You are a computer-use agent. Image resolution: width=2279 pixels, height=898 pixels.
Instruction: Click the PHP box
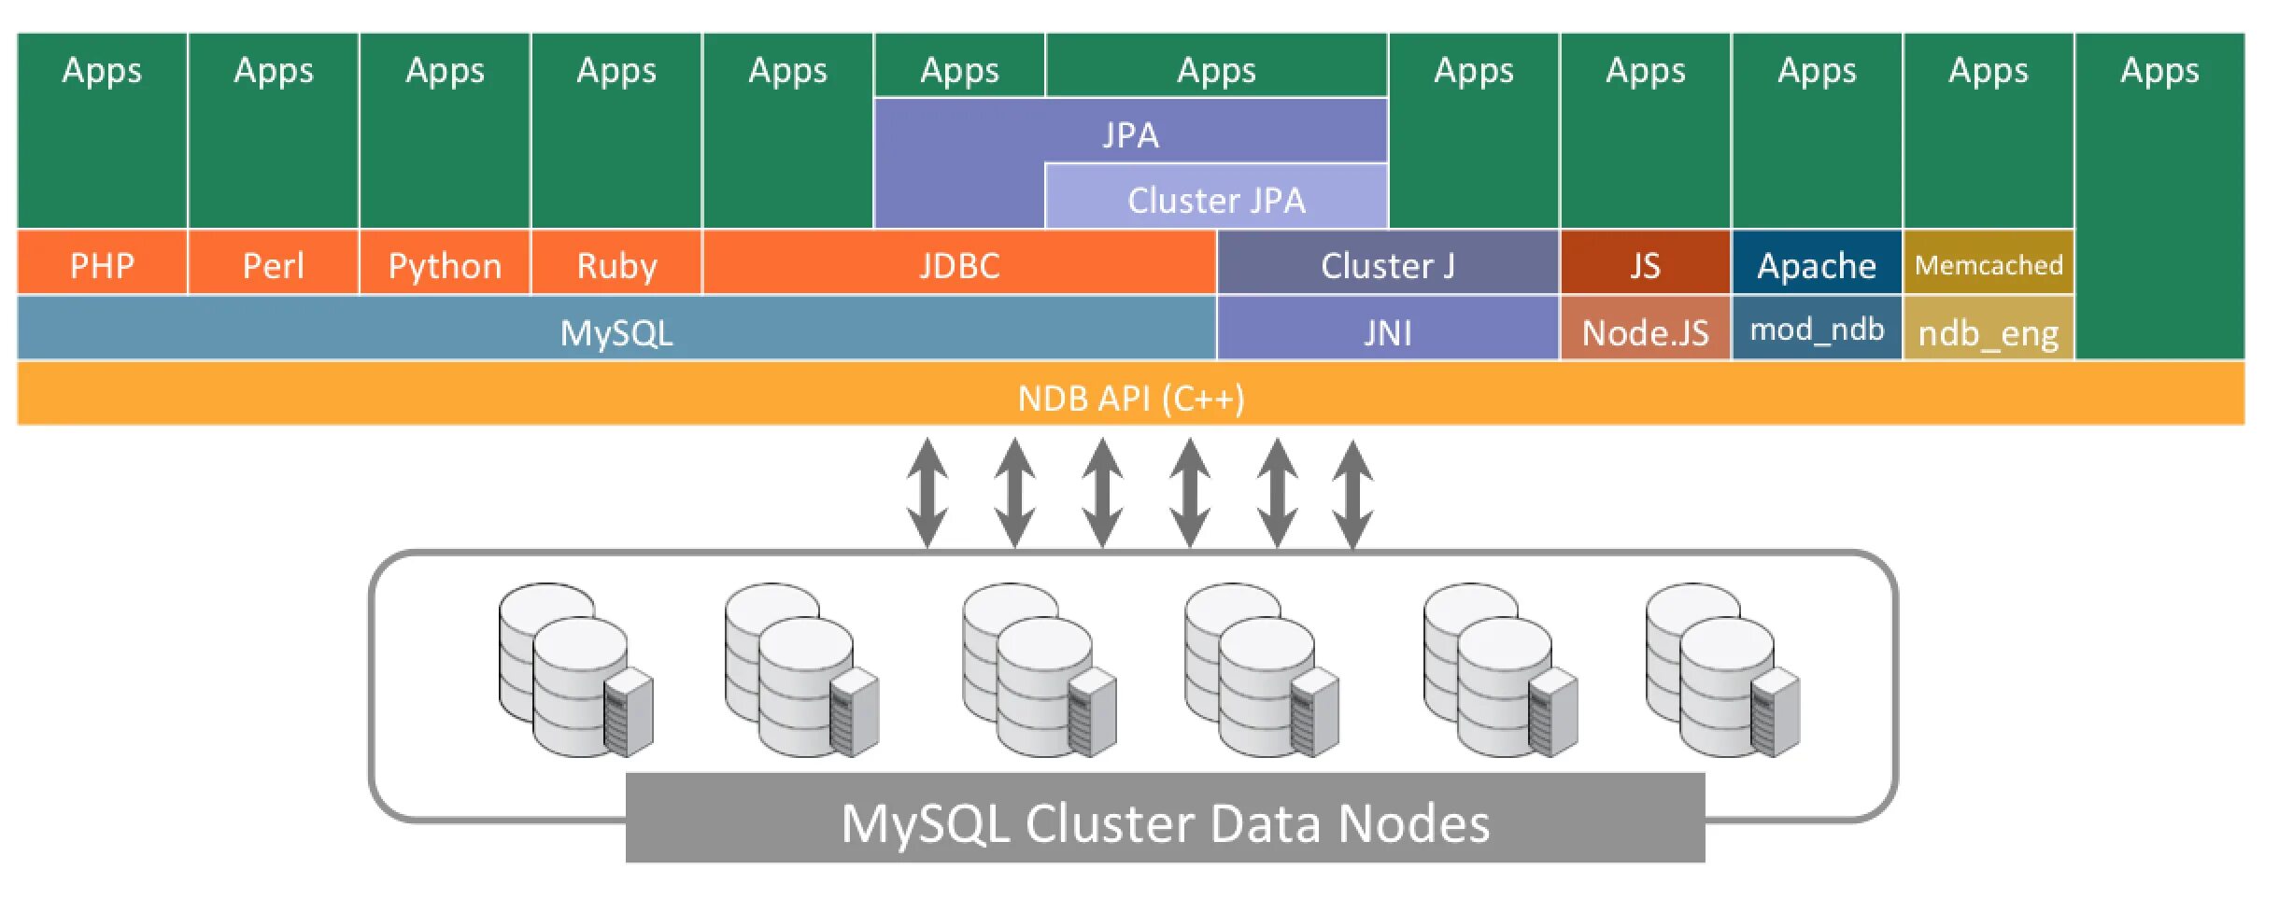pyautogui.click(x=102, y=266)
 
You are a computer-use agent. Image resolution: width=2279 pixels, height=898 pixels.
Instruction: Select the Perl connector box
pyautogui.click(x=273, y=266)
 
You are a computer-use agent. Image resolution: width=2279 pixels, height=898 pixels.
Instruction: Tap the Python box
pyautogui.click(x=445, y=266)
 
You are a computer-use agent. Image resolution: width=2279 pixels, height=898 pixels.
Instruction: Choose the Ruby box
pyautogui.click(x=616, y=266)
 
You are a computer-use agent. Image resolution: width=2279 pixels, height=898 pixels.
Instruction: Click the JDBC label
pyautogui.click(x=959, y=266)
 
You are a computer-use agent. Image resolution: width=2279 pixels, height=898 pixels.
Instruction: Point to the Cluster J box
pyautogui.click(x=1387, y=266)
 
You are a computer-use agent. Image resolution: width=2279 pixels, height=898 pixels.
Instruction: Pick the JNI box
pyautogui.click(x=1387, y=332)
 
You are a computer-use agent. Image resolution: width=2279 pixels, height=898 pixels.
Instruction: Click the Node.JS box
pyautogui.click(x=1645, y=332)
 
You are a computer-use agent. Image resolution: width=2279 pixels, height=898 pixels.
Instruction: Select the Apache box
pyautogui.click(x=1817, y=266)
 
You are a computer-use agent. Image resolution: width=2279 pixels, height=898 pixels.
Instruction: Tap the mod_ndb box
pyautogui.click(x=1817, y=330)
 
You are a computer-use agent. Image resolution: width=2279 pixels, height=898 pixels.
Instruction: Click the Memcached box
pyautogui.click(x=1989, y=266)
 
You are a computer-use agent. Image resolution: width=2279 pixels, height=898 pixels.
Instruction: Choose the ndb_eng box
pyautogui.click(x=1989, y=332)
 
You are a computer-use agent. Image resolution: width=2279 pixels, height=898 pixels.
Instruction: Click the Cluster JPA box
pyautogui.click(x=1216, y=200)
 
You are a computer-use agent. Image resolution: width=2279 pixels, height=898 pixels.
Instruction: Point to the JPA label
pyautogui.click(x=1130, y=134)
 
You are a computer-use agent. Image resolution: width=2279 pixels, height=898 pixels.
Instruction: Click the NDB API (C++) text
pyautogui.click(x=1130, y=399)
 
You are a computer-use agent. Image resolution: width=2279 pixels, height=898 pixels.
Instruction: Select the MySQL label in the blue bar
pyautogui.click(x=616, y=332)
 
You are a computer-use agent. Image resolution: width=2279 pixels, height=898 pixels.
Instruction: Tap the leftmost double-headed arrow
pyautogui.click(x=927, y=492)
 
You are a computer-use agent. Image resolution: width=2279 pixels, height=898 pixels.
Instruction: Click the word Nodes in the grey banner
pyautogui.click(x=1414, y=823)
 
